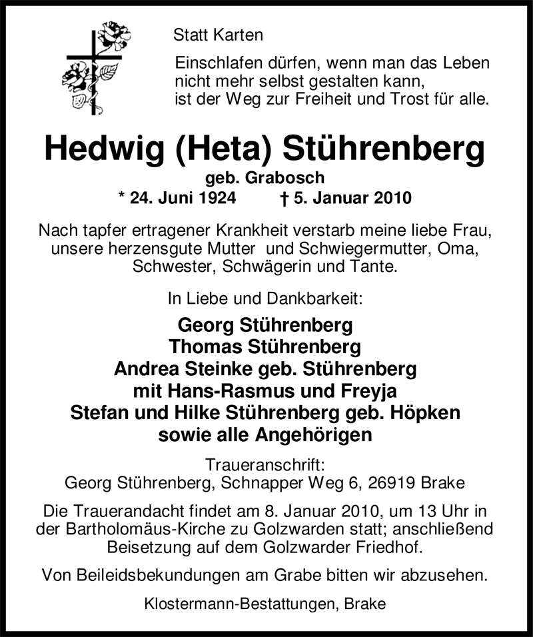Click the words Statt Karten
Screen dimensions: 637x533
(218, 35)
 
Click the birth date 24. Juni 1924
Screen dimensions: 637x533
(181, 198)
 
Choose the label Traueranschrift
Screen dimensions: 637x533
(266, 464)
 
